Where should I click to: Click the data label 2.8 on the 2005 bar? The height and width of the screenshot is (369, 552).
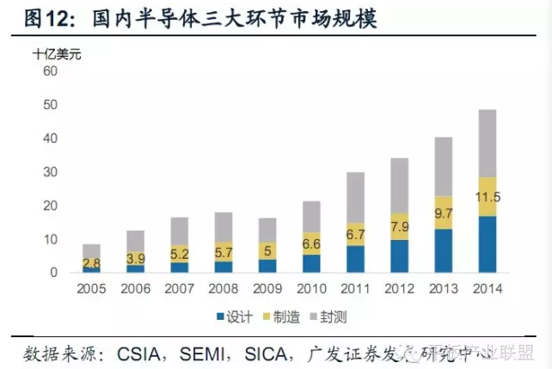coord(90,262)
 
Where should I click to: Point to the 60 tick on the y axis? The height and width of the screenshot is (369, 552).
coord(49,71)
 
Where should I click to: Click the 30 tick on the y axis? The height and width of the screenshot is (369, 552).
coord(49,172)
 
